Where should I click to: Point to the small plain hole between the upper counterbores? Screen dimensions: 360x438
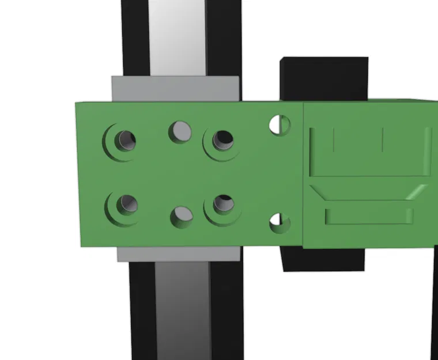coord(180,131)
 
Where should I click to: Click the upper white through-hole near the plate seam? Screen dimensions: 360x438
coord(280,124)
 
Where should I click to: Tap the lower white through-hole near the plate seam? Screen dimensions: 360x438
coord(280,222)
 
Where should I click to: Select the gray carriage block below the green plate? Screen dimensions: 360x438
coord(179,254)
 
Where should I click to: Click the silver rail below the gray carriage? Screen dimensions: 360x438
coord(182,311)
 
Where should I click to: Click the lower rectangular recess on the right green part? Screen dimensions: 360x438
coord(369,216)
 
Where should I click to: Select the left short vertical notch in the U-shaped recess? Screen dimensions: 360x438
coord(334,141)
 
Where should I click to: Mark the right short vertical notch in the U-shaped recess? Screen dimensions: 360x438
coord(383,141)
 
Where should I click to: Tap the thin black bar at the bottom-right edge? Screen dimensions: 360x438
coord(434,305)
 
